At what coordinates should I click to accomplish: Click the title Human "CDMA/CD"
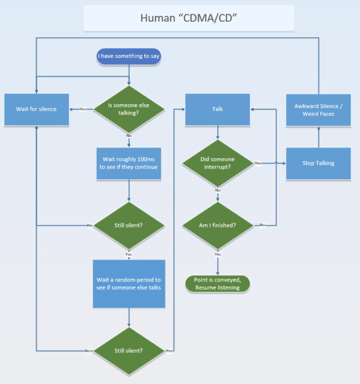(188, 17)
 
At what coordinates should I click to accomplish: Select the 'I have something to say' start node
(129, 56)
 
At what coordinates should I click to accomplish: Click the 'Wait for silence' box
(36, 109)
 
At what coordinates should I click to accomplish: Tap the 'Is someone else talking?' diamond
(129, 109)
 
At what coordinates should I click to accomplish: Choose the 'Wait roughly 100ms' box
(129, 163)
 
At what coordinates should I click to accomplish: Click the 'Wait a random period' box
(129, 283)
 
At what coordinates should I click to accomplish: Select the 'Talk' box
(217, 109)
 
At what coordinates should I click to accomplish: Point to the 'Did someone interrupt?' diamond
(218, 163)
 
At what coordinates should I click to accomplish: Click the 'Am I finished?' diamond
(218, 225)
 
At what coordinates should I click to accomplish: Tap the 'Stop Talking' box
(319, 163)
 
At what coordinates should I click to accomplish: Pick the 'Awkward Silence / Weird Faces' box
(319, 110)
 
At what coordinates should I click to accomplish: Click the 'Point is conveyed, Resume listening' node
(218, 284)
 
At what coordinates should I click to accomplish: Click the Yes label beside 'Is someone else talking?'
(83, 109)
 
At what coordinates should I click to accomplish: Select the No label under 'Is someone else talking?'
(129, 135)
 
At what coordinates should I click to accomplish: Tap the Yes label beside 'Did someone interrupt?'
(258, 163)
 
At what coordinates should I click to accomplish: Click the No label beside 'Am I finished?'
(262, 225)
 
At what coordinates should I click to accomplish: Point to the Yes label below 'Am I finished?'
(218, 254)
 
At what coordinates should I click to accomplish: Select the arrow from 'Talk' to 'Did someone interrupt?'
(218, 133)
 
